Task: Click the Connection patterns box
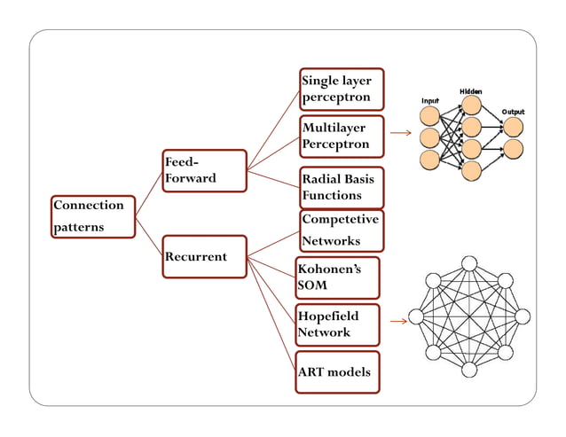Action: point(92,216)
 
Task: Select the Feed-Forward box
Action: point(205,170)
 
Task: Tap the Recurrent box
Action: point(204,257)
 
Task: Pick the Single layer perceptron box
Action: point(342,90)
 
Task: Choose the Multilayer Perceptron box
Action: point(342,137)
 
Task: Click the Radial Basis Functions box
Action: point(342,187)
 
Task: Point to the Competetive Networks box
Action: point(342,230)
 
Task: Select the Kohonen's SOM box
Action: point(337,277)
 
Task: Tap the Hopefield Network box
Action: point(337,324)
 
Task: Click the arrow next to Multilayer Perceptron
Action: point(401,134)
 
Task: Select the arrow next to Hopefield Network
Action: point(397,321)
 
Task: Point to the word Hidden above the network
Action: point(471,91)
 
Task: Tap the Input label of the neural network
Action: point(429,101)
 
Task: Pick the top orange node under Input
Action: point(430,116)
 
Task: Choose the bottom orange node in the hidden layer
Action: point(471,168)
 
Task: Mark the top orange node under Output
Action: point(513,127)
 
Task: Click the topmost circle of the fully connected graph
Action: point(469,264)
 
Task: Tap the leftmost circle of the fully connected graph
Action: point(416,316)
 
